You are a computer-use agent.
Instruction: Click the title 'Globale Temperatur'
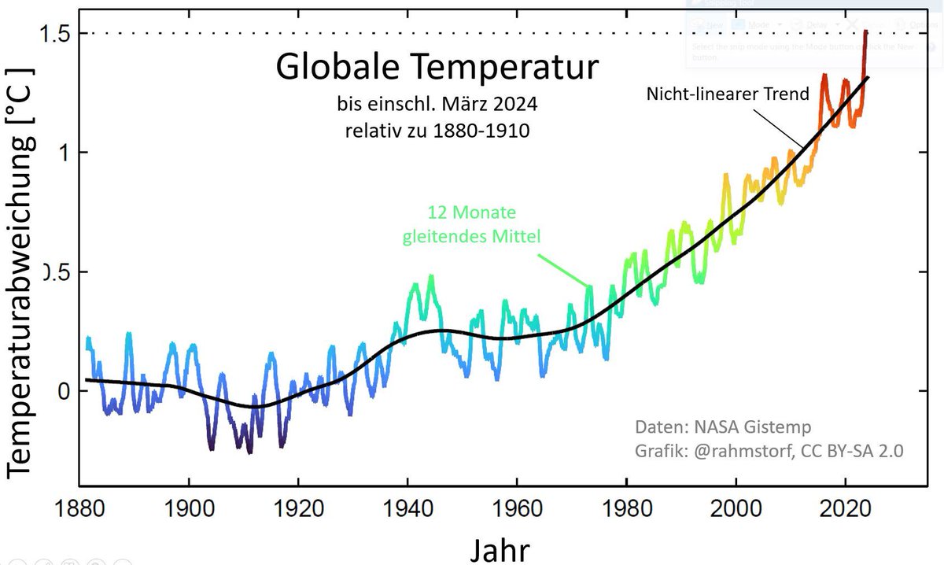pyautogui.click(x=437, y=67)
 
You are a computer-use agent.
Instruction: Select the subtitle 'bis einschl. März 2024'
pyautogui.click(x=437, y=103)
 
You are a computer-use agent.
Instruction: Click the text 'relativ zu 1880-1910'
pyautogui.click(x=437, y=130)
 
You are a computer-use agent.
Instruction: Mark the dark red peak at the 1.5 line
pyautogui.click(x=865, y=33)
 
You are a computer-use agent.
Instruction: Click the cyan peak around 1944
pyautogui.click(x=430, y=277)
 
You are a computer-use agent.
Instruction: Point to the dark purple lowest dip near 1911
pyautogui.click(x=250, y=451)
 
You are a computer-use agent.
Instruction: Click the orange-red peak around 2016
pyautogui.click(x=824, y=76)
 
